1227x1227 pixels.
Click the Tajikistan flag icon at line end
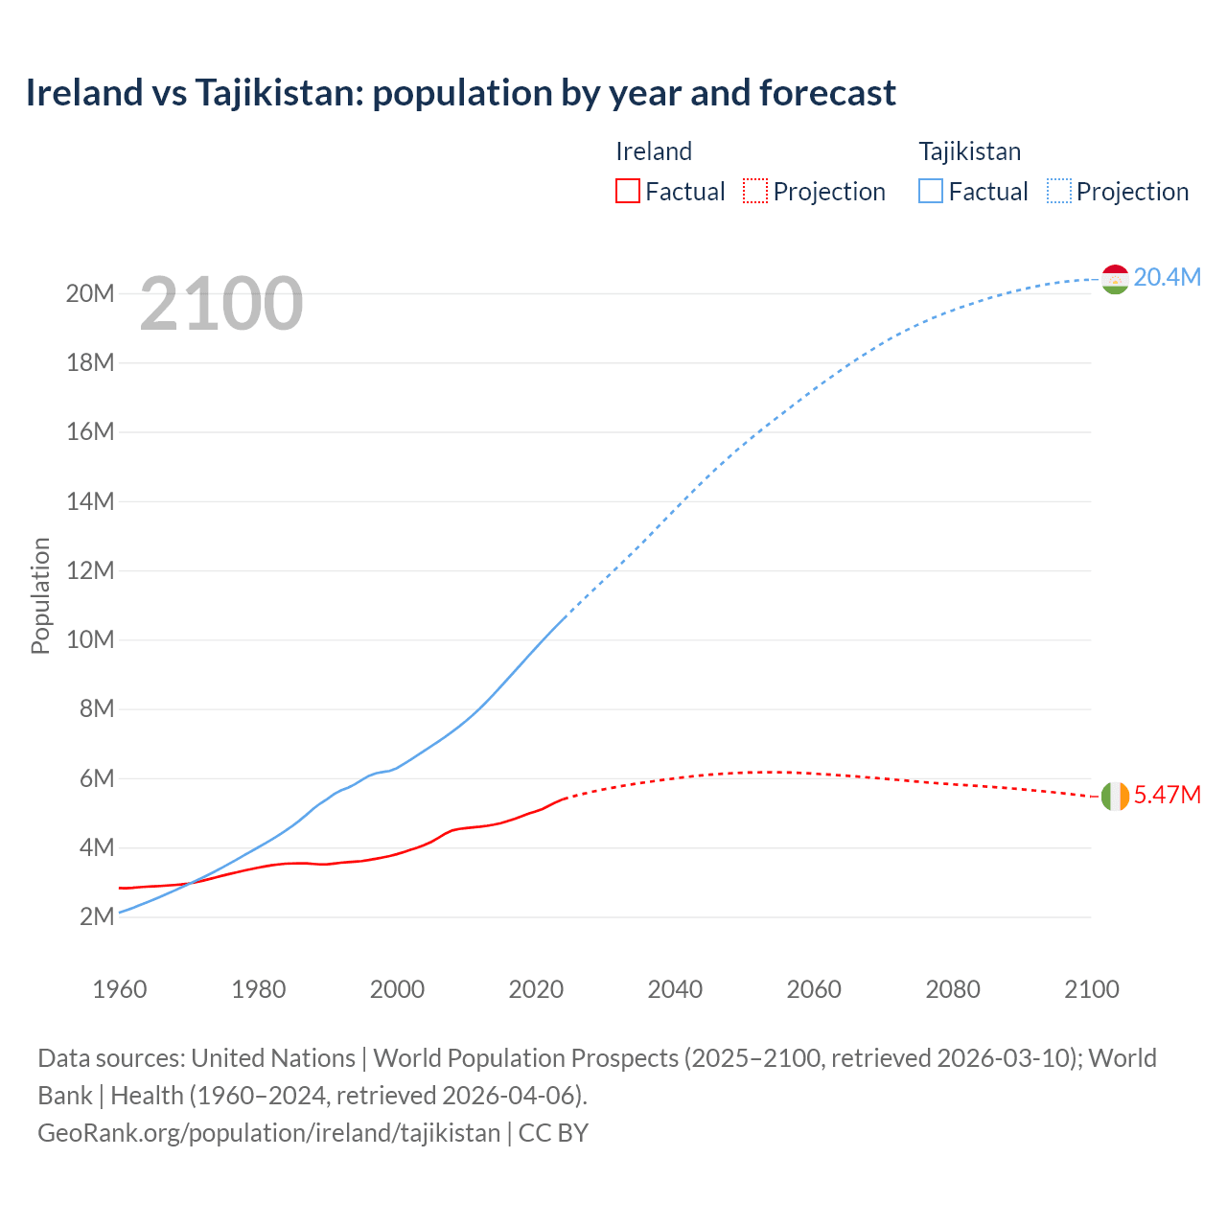1115,279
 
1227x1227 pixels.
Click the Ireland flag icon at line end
1115,796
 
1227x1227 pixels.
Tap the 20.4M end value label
1167,277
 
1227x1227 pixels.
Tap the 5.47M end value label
1167,795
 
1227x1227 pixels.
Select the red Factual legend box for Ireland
627,191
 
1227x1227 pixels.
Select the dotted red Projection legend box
755,191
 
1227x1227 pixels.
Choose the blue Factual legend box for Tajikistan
930,191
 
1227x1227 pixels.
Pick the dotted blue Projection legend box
1059,191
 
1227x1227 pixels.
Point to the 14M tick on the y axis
90,501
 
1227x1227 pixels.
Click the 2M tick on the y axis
97,916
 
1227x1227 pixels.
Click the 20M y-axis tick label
90,293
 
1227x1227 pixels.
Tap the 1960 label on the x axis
120,989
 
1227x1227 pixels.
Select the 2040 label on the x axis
675,989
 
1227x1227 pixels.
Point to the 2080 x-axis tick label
953,989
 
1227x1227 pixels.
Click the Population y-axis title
40,595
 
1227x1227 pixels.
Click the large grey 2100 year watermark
221,304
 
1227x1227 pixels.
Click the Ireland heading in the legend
654,151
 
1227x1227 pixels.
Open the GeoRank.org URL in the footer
268,1132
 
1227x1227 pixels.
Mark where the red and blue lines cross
190,883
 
